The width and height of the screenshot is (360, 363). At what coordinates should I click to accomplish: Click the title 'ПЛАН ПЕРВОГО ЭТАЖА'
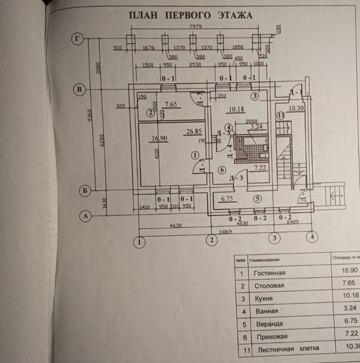pyautogui.click(x=191, y=15)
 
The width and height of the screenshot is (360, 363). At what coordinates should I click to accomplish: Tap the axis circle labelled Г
pyautogui.click(x=78, y=38)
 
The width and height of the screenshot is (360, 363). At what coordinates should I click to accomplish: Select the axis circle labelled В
pyautogui.click(x=79, y=90)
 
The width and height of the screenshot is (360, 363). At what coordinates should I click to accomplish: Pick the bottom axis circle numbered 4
pyautogui.click(x=312, y=237)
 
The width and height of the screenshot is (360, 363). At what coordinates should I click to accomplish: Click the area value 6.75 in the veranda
pyautogui.click(x=229, y=198)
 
